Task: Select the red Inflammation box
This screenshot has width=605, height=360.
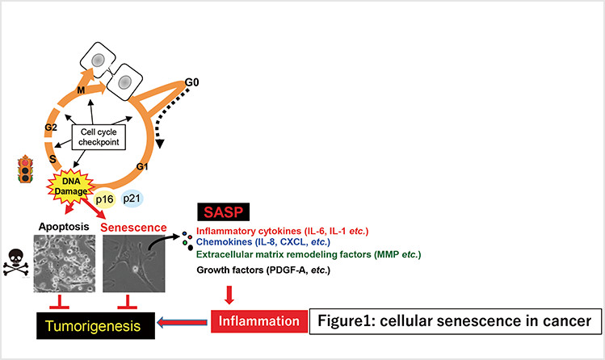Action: (x=259, y=321)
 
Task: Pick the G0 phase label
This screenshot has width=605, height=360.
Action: (x=191, y=82)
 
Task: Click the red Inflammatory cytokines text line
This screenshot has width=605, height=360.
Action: (x=282, y=231)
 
